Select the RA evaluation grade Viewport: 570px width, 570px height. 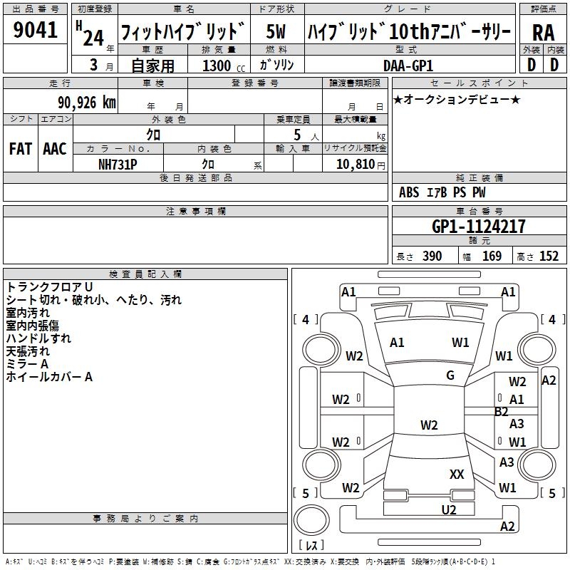[544, 33]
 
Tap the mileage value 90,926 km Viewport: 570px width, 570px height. [87, 103]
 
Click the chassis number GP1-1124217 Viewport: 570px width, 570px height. [479, 227]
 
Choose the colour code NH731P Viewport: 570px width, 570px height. [118, 165]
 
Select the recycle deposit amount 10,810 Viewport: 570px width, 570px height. [353, 165]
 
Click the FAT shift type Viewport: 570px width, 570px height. [20, 149]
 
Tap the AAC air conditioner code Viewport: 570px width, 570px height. [54, 149]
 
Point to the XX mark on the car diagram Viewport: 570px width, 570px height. [457, 474]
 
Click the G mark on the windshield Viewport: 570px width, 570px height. [450, 375]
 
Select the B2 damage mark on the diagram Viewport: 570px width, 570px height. [502, 412]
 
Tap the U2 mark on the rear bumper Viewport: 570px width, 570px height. [448, 509]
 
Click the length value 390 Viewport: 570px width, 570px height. [431, 256]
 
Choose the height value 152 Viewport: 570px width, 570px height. [549, 256]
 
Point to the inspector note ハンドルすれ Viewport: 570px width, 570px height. [38, 338]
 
